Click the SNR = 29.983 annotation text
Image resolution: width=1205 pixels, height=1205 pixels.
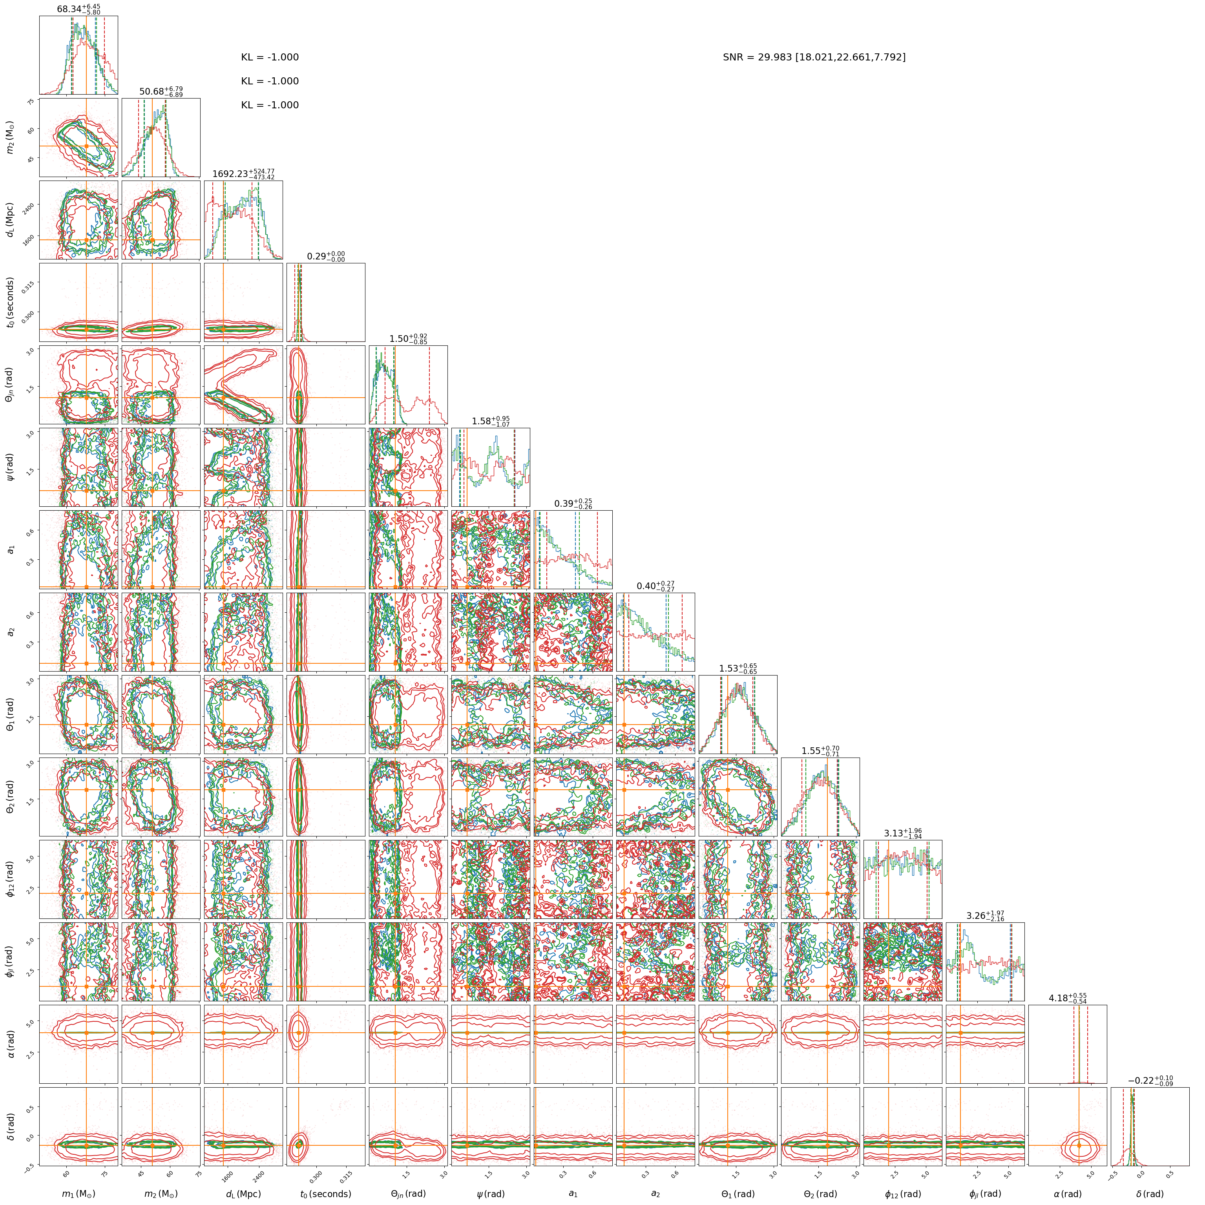(814, 57)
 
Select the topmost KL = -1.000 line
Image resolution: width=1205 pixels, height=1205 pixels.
(270, 57)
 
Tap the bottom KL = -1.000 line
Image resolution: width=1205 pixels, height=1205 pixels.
(270, 106)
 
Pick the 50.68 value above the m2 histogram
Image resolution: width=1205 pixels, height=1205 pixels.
(161, 92)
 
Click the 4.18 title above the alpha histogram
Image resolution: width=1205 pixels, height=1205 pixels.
(1067, 998)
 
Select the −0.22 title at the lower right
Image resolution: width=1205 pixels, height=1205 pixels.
(1150, 1080)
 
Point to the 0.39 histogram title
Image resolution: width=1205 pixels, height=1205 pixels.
(573, 503)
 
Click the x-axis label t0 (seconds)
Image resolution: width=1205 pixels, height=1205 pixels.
(325, 1194)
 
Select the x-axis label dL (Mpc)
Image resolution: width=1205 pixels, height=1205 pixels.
(243, 1194)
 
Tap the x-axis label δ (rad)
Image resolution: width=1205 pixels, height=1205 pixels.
(1150, 1194)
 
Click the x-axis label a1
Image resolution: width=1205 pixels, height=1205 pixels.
(573, 1194)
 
